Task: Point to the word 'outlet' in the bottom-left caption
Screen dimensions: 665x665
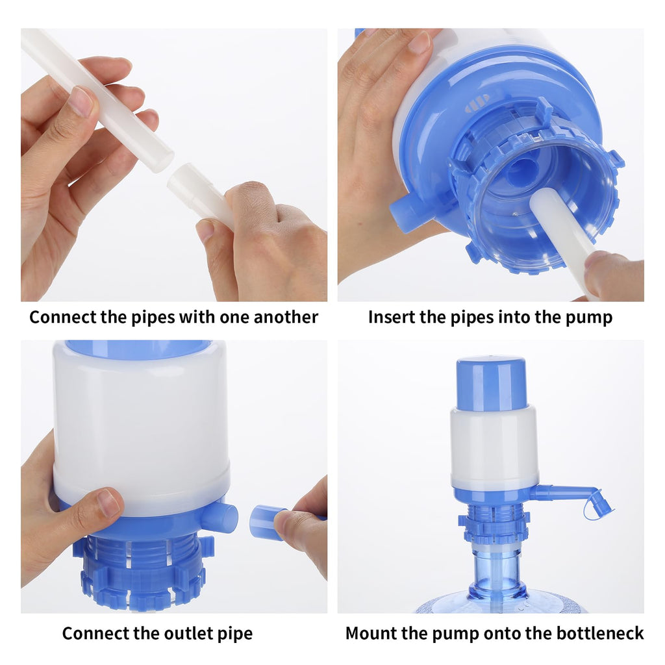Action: click(x=163, y=633)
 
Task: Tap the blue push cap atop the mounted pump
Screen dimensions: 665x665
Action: click(x=491, y=383)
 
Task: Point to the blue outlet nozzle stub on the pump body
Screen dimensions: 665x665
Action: click(x=220, y=518)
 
